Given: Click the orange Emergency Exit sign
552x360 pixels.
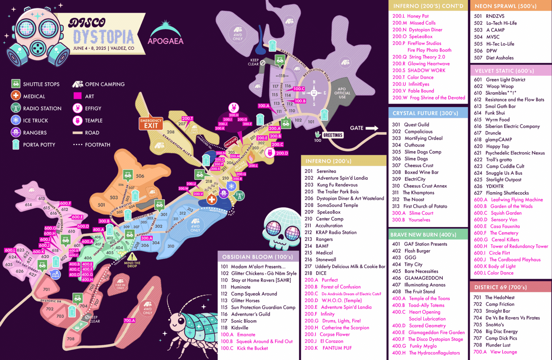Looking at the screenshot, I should [x=151, y=124].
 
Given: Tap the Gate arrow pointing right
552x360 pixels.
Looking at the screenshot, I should [x=372, y=128].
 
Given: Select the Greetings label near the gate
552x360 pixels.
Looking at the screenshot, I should [x=333, y=135].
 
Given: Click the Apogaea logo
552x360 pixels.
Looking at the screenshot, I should [x=166, y=34].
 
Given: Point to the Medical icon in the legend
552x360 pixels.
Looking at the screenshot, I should [x=15, y=96].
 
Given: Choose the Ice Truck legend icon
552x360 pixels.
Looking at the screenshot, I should [x=15, y=120].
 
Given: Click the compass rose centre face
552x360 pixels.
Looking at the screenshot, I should [x=314, y=93].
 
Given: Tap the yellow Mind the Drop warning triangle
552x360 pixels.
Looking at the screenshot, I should [x=132, y=257].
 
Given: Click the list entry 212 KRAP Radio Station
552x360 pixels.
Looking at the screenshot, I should [x=331, y=232].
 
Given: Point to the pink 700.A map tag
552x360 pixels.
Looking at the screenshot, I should [x=129, y=320].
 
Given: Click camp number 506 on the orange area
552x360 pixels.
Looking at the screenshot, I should [x=140, y=176].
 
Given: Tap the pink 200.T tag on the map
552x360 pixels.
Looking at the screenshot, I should [x=187, y=119].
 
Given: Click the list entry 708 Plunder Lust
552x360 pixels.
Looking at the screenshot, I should [x=492, y=345].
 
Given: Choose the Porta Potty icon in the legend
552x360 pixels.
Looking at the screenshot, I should [x=15, y=144].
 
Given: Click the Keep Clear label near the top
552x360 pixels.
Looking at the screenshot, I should [x=254, y=62].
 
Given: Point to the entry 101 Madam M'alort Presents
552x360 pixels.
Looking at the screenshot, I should [x=253, y=267].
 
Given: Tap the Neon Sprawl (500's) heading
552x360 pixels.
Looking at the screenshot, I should [x=505, y=6].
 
